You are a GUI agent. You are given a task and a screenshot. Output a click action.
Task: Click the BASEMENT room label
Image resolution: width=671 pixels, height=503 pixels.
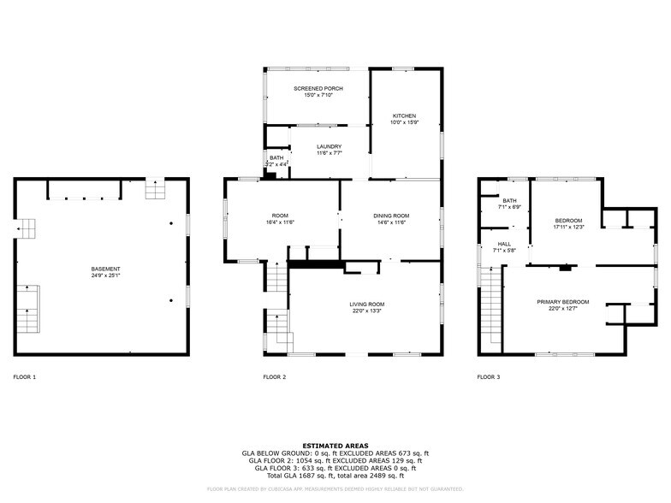click(106, 269)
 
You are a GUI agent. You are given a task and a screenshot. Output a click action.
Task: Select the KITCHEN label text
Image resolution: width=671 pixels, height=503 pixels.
click(404, 115)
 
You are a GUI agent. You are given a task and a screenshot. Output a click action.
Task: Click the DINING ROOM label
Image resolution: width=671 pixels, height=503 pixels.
click(391, 216)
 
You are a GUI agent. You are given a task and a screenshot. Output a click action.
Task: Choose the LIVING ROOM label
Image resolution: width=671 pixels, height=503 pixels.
click(366, 305)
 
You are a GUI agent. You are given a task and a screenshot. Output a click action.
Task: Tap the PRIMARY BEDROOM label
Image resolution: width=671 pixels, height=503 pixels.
click(562, 302)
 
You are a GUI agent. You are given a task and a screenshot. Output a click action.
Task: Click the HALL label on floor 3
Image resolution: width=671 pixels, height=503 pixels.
click(504, 244)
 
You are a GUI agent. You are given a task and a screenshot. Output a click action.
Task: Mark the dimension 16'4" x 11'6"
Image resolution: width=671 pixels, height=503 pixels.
click(279, 222)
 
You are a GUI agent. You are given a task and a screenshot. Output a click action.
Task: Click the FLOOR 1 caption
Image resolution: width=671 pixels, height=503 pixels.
click(25, 376)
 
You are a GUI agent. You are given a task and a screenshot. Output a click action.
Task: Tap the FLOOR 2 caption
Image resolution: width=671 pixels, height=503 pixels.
click(274, 376)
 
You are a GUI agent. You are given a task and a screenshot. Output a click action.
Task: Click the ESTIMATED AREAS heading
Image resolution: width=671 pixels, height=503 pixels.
click(335, 446)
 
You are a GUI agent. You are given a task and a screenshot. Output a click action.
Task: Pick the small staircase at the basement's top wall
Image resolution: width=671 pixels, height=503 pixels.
click(154, 188)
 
